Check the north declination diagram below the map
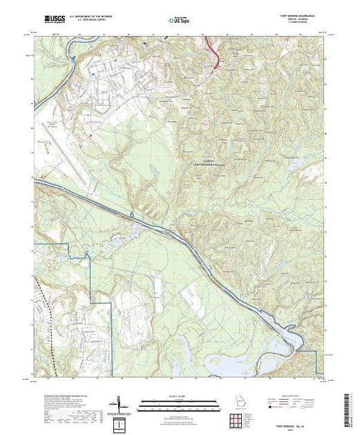121,403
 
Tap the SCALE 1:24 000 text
178,396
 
